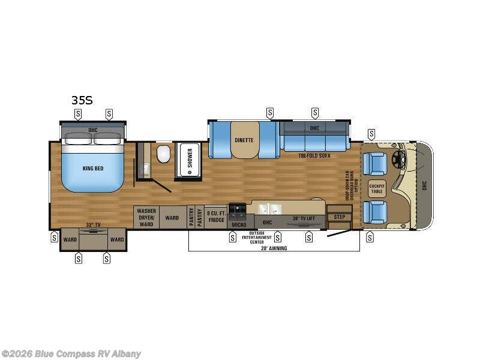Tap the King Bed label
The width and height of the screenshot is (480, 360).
click(93, 169)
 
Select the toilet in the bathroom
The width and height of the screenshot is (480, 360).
click(163, 156)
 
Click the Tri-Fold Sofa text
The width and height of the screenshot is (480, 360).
click(315, 155)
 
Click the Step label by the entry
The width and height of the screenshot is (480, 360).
click(340, 217)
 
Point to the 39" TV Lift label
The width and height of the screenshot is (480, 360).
click(304, 218)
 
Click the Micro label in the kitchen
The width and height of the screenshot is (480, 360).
click(239, 224)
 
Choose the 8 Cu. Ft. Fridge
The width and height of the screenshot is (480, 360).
click(215, 216)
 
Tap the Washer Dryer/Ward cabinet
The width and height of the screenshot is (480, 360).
click(146, 217)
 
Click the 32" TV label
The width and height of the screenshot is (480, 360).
click(93, 224)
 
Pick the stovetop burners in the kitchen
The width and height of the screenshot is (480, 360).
click(238, 209)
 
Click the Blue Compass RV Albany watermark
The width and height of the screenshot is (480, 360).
click(72, 353)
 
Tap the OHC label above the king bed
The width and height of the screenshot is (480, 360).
click(93, 130)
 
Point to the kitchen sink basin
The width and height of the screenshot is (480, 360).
click(268, 209)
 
